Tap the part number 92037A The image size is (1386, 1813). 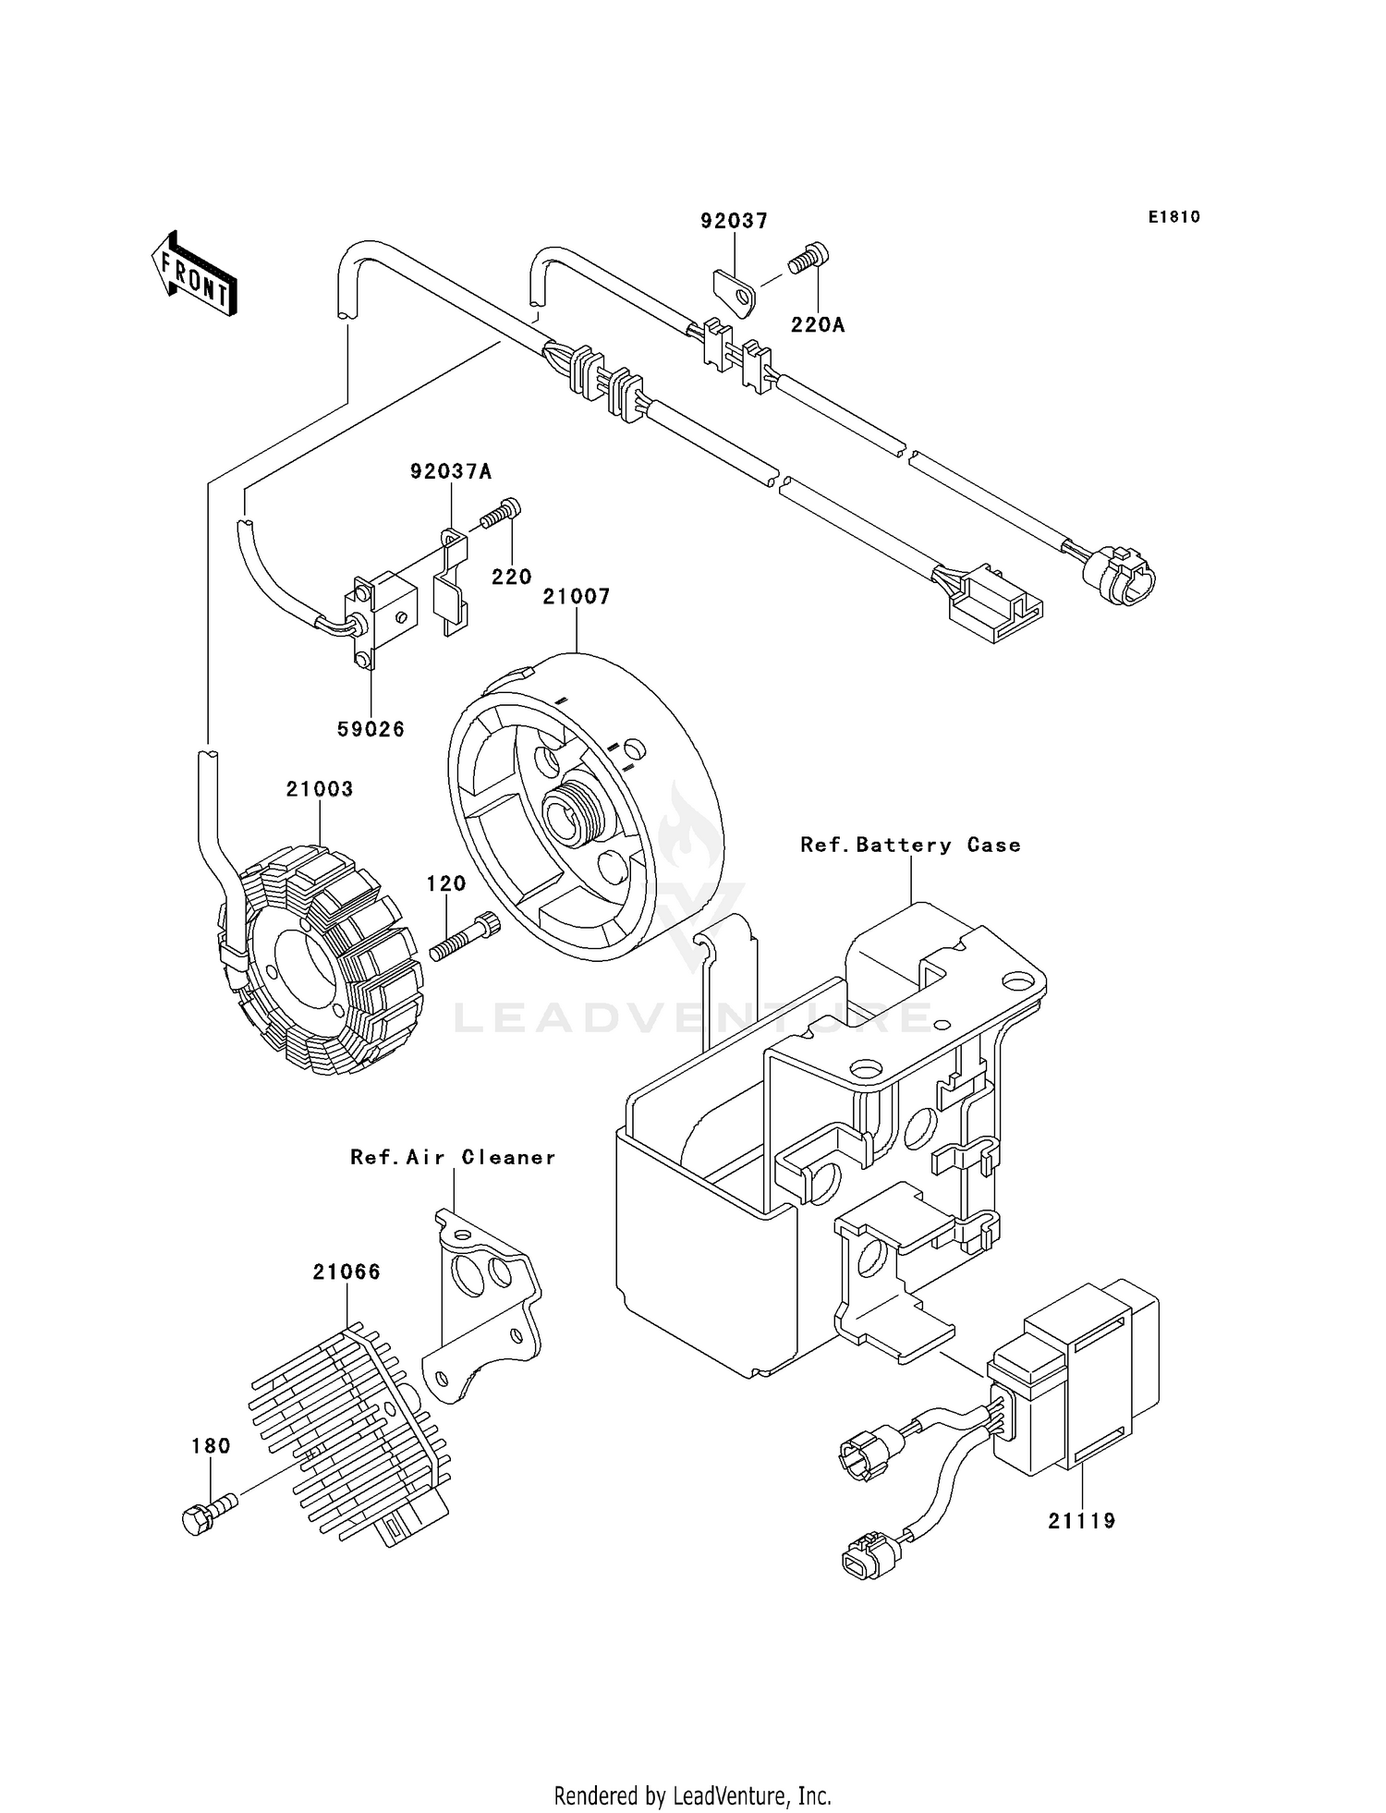pos(451,472)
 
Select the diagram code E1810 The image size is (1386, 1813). pos(1173,217)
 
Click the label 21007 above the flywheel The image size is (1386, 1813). pos(577,597)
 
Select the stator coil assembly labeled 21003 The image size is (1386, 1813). pos(319,970)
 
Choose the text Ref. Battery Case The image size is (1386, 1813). pos(910,845)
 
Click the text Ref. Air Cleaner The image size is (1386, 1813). pos(453,1157)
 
